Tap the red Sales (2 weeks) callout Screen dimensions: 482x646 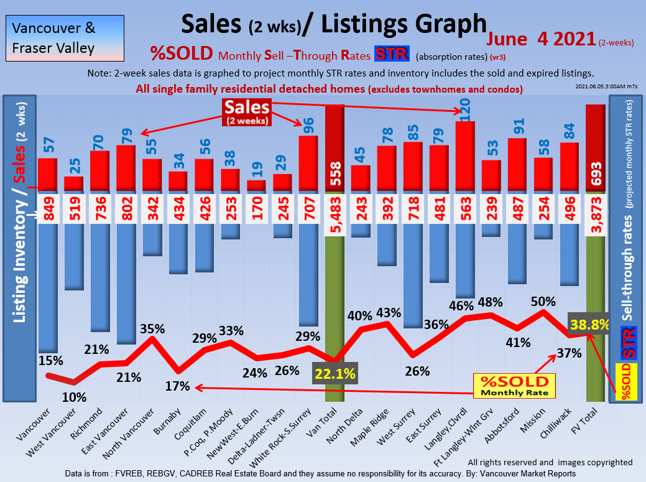click(x=247, y=112)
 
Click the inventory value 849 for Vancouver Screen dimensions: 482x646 click(x=48, y=209)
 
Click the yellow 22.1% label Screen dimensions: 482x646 click(x=335, y=374)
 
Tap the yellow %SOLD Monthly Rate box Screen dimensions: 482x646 click(x=514, y=386)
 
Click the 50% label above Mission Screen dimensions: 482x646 click(x=543, y=302)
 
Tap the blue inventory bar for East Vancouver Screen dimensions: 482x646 click(x=126, y=283)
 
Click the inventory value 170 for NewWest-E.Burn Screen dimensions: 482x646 click(x=257, y=209)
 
